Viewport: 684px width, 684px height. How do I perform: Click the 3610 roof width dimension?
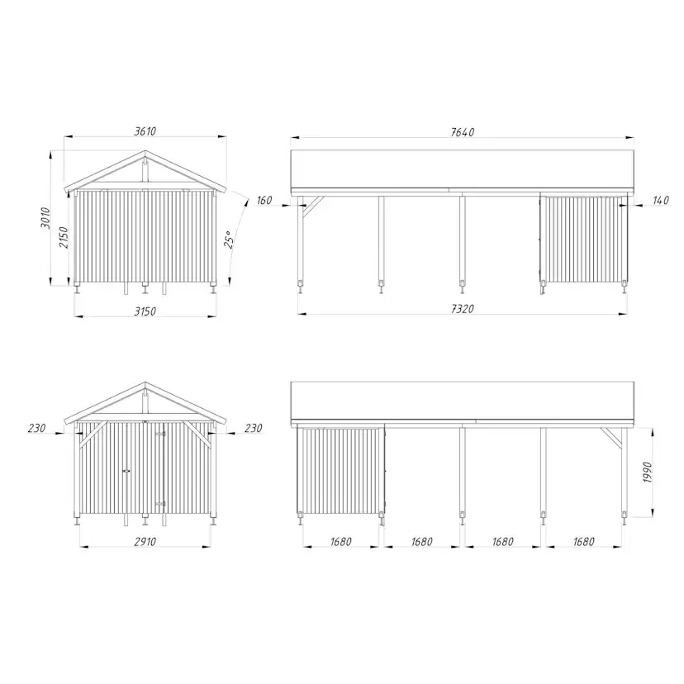click(x=145, y=131)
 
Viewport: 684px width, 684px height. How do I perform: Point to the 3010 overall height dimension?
click(x=47, y=218)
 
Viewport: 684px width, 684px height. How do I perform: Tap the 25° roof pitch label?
click(x=230, y=239)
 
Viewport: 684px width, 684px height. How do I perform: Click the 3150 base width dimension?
click(x=145, y=311)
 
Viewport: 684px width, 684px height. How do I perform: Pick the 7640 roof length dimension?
click(x=463, y=132)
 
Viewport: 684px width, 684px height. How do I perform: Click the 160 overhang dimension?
click(x=264, y=200)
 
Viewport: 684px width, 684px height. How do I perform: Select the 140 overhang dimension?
click(x=660, y=201)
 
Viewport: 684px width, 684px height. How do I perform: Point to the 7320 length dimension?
click(x=463, y=308)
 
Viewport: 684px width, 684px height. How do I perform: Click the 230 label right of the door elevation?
click(x=254, y=428)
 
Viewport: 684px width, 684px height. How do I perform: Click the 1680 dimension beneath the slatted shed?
click(x=340, y=542)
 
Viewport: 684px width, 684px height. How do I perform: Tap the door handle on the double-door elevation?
click(x=126, y=470)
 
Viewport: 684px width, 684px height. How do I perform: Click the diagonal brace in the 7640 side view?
click(x=311, y=209)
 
